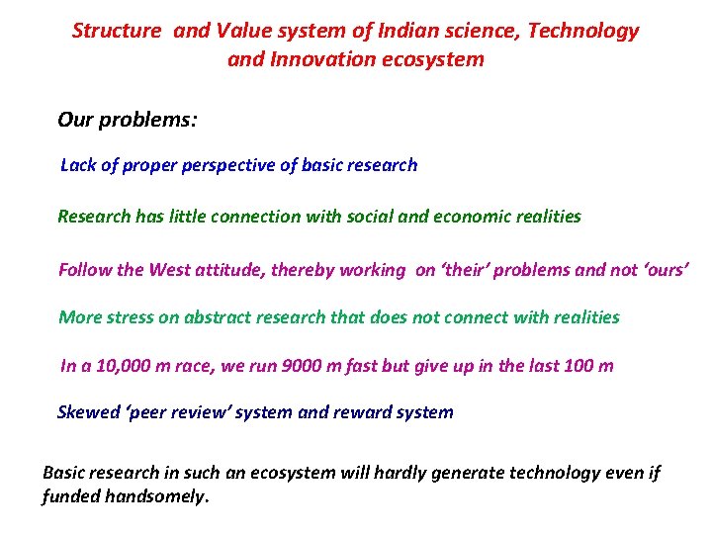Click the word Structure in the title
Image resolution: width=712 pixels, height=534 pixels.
(116, 31)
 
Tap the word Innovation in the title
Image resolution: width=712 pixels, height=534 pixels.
(325, 59)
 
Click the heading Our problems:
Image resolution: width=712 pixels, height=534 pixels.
(128, 121)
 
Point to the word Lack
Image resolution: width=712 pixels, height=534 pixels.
(79, 165)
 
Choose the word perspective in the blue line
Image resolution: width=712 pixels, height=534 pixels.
(228, 165)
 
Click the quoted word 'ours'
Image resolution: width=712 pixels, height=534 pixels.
(665, 270)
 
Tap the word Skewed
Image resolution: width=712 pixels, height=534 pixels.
(86, 412)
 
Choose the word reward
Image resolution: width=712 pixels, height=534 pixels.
(361, 412)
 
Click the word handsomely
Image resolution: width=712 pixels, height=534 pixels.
(161, 497)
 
